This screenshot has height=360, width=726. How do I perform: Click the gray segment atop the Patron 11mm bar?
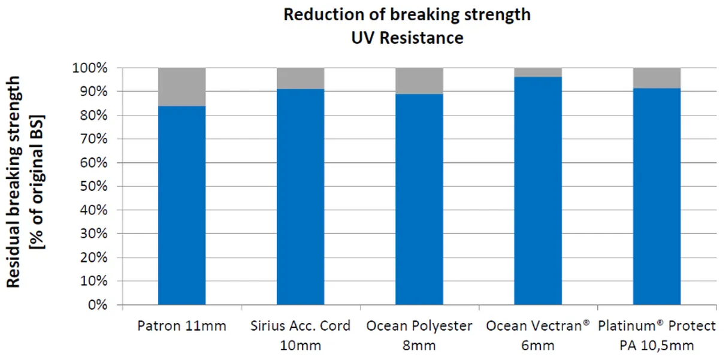click(181, 87)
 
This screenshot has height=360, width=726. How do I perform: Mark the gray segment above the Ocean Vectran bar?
click(538, 72)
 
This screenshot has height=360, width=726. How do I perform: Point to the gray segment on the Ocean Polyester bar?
click(419, 81)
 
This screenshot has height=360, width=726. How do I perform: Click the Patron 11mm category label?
click(181, 326)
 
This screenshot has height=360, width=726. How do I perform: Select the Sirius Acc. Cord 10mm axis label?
click(300, 335)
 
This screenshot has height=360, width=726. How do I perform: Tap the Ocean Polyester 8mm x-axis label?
click(419, 335)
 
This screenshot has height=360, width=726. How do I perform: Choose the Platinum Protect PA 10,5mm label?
click(657, 335)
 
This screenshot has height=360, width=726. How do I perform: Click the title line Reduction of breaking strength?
click(407, 14)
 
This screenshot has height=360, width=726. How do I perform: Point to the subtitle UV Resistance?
click(407, 37)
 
